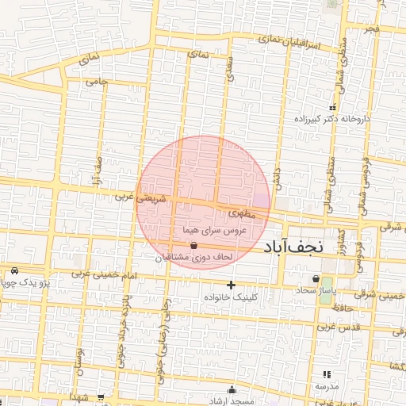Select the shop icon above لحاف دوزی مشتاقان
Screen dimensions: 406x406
pyautogui.click(x=194, y=247)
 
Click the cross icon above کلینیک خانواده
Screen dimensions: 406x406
pyautogui.click(x=231, y=285)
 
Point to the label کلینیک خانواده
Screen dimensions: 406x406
pyautogui.click(x=231, y=297)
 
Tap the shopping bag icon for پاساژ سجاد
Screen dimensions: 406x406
pyautogui.click(x=316, y=279)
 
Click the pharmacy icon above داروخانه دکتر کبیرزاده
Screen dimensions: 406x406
pyautogui.click(x=332, y=107)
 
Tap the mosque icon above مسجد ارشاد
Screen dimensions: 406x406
pyautogui.click(x=232, y=389)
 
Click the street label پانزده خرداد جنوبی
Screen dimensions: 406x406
pyautogui.click(x=126, y=321)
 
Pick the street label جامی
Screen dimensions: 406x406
pyautogui.click(x=96, y=80)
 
